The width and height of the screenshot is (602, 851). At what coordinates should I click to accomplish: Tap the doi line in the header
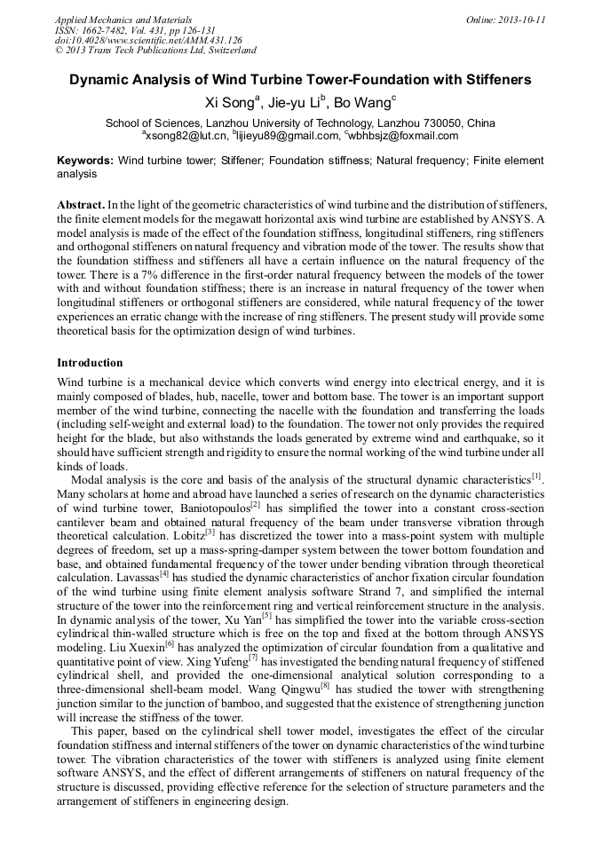click(148, 40)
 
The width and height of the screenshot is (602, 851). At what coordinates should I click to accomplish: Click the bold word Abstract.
click(83, 205)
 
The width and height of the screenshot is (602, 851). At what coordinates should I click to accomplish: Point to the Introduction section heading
click(90, 363)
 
